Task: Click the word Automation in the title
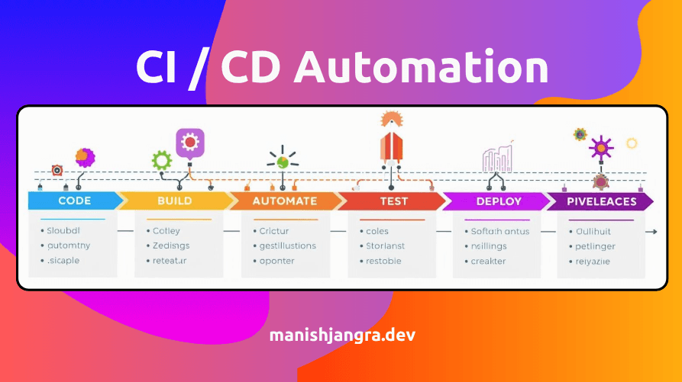point(422,67)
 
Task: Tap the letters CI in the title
point(159,67)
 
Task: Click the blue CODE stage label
point(74,201)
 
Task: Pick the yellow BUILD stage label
point(174,201)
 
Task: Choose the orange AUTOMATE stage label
point(284,201)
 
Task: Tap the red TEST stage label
point(394,201)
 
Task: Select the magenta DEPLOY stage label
point(498,201)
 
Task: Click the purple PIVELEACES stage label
point(602,201)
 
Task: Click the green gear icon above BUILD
point(161,160)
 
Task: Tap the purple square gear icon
point(189,142)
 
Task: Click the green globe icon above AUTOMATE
point(282,161)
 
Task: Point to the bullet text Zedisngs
point(171,246)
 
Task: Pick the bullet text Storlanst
point(385,246)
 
